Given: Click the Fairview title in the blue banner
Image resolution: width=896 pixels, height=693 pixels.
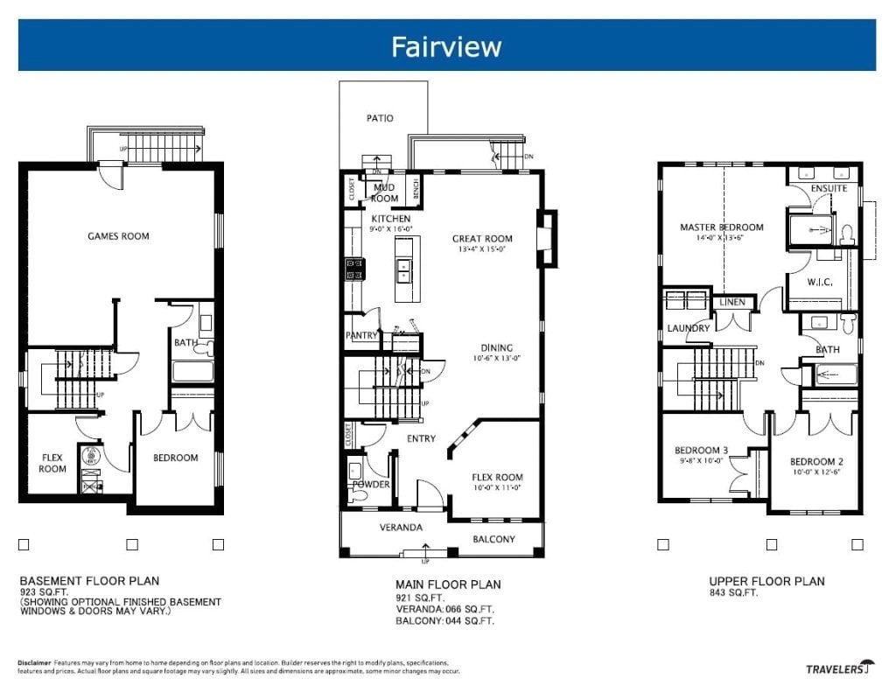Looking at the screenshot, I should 446,45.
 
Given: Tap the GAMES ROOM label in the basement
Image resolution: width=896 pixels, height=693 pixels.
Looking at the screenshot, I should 118,236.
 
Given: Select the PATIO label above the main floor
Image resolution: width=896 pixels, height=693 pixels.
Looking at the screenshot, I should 380,118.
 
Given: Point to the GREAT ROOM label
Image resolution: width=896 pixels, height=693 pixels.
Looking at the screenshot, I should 482,239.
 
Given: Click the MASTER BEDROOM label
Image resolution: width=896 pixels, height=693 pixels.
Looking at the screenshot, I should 722,227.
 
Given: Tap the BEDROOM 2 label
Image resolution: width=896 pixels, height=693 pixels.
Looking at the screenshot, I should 815,462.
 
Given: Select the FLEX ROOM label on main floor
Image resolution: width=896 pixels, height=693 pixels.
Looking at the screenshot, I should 498,477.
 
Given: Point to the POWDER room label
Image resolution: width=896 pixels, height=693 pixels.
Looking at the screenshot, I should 371,484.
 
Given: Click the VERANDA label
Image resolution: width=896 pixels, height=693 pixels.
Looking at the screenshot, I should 402,528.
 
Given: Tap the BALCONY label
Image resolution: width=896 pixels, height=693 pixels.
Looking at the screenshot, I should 493,539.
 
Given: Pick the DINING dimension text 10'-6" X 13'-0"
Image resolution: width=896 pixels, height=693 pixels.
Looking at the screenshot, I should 497,358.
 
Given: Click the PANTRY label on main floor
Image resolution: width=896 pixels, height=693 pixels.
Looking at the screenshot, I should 361,335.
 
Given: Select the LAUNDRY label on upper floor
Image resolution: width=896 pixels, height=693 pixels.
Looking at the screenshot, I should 688,328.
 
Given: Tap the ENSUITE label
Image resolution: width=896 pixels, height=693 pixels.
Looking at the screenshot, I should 829,188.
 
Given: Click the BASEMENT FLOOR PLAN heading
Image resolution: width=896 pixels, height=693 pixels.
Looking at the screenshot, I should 89,581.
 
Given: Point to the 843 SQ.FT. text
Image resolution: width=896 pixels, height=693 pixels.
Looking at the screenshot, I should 733,592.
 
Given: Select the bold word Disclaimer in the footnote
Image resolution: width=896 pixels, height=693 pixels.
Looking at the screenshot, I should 34,662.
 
